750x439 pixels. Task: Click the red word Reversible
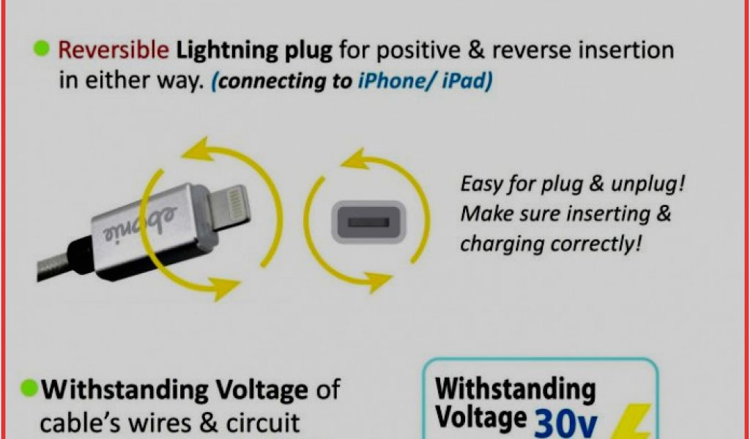114,50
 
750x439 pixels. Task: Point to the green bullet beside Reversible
42,49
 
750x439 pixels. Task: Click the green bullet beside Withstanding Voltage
31,388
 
